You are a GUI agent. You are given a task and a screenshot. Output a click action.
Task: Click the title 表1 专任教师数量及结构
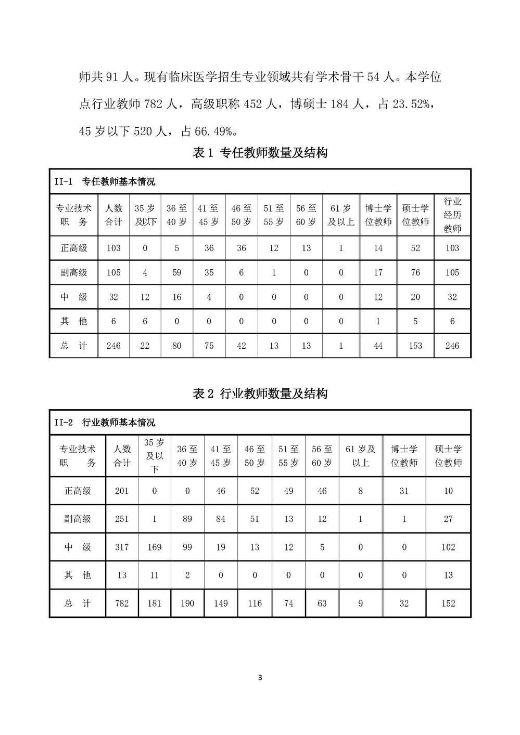pyautogui.click(x=260, y=153)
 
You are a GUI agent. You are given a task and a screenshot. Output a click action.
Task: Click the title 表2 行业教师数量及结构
pyautogui.click(x=260, y=393)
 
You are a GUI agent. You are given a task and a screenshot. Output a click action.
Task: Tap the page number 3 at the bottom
pyautogui.click(x=260, y=677)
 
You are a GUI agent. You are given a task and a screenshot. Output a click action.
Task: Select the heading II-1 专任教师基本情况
pyautogui.click(x=105, y=181)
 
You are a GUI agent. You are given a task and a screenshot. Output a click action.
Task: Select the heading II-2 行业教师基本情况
pyautogui.click(x=105, y=422)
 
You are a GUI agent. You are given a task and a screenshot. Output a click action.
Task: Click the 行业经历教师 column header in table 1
pyautogui.click(x=452, y=215)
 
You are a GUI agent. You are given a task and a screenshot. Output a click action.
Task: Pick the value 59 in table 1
pyautogui.click(x=177, y=272)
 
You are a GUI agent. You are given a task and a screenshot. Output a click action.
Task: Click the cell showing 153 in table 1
pyautogui.click(x=415, y=346)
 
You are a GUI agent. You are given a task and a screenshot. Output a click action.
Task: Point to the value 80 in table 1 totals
pyautogui.click(x=177, y=346)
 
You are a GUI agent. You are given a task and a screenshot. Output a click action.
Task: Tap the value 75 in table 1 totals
pyautogui.click(x=209, y=346)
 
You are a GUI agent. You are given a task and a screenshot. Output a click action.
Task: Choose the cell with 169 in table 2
pyautogui.click(x=155, y=547)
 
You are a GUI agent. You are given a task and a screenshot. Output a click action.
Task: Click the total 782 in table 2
pyautogui.click(x=122, y=603)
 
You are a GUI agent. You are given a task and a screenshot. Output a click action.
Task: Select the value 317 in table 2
pyautogui.click(x=122, y=547)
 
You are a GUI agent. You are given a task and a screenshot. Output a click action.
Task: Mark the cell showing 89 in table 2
pyautogui.click(x=187, y=519)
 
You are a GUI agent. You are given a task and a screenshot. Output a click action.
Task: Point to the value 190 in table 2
pyautogui.click(x=187, y=603)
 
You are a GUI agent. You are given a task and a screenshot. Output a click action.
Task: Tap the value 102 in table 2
pyautogui.click(x=448, y=547)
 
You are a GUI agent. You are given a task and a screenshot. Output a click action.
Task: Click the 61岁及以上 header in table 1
pyautogui.click(x=341, y=215)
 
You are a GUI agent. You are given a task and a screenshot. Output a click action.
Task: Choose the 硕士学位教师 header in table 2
pyautogui.click(x=448, y=455)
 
